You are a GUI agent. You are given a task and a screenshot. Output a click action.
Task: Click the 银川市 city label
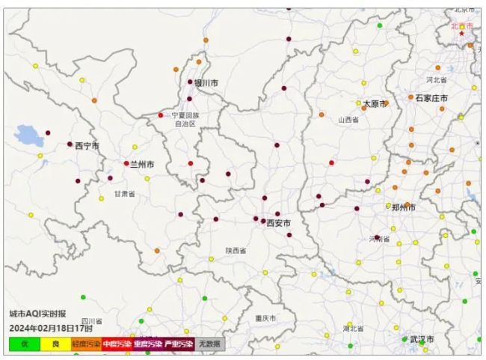(x=206, y=83)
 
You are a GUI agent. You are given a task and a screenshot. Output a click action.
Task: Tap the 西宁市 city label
(x=87, y=146)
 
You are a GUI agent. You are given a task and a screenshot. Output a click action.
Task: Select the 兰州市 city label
(x=143, y=164)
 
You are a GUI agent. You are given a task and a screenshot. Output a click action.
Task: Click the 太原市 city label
(x=375, y=103)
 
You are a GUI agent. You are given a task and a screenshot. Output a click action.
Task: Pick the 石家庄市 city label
(x=432, y=98)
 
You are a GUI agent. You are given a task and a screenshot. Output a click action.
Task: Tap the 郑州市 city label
(x=405, y=207)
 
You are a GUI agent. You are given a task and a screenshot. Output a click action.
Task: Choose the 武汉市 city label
(x=422, y=339)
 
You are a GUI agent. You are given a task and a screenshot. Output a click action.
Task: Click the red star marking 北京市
(x=462, y=33)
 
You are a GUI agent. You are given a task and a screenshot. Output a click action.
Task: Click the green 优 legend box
(x=25, y=344)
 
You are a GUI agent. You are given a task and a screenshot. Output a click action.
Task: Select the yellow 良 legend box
(x=55, y=344)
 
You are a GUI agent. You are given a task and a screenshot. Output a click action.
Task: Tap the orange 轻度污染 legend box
(x=86, y=344)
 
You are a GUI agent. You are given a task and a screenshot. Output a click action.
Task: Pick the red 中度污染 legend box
(x=117, y=344)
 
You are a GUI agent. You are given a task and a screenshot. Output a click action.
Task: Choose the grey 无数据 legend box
(x=210, y=344)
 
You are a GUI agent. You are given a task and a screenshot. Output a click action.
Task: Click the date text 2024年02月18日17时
(x=51, y=328)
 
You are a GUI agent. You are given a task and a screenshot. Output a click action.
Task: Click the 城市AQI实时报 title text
(x=37, y=314)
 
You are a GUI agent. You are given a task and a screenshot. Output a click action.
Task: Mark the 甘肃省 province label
(x=125, y=194)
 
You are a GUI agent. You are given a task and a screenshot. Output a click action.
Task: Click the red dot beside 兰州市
(x=126, y=163)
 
